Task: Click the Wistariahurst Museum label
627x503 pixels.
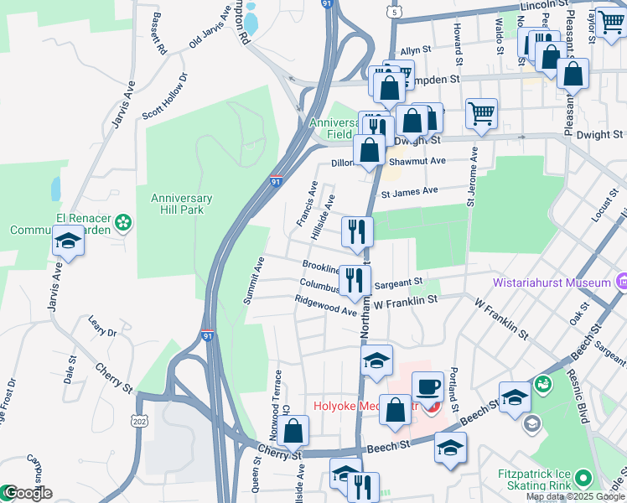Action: coord(552,283)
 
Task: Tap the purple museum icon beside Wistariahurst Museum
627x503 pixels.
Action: coord(622,282)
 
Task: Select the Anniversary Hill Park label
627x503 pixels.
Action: coord(182,204)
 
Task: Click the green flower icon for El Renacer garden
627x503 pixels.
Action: coord(124,222)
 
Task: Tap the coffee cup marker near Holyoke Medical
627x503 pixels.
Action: coord(427,387)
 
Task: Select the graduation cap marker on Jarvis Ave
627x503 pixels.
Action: coord(69,243)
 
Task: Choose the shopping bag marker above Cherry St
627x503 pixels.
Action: coord(293,431)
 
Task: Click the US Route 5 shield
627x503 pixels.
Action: coord(393,12)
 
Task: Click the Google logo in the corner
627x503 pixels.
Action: coord(27,493)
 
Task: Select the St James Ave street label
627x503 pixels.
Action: coord(409,191)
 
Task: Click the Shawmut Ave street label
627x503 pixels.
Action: coord(416,161)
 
